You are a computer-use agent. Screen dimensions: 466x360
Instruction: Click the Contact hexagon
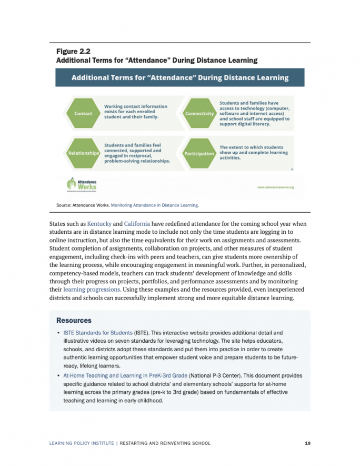click(x=83, y=113)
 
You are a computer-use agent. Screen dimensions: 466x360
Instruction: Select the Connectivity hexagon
click(x=200, y=113)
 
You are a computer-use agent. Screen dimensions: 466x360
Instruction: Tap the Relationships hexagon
click(x=83, y=153)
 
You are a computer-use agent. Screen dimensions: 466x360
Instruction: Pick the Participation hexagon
click(x=199, y=153)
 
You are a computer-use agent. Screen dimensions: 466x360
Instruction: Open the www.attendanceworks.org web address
click(x=275, y=187)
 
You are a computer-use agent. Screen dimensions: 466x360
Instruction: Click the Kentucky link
click(x=99, y=223)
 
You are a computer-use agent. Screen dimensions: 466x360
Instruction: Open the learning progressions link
click(x=91, y=289)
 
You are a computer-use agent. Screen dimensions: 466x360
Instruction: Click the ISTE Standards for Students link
click(x=98, y=333)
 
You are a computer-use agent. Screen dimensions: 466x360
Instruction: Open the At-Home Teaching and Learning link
click(x=125, y=376)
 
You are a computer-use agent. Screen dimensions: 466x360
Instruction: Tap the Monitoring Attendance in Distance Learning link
click(x=155, y=205)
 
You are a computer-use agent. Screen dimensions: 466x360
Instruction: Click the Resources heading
click(x=74, y=320)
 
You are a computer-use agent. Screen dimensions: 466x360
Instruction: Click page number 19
click(x=307, y=443)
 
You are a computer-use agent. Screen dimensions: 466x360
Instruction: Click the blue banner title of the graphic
click(x=180, y=77)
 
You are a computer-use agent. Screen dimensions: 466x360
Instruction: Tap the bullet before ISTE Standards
click(x=58, y=333)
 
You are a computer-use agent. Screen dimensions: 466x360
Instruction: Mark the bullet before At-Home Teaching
click(x=58, y=376)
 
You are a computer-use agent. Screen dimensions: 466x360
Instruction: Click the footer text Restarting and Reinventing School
click(x=165, y=443)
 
